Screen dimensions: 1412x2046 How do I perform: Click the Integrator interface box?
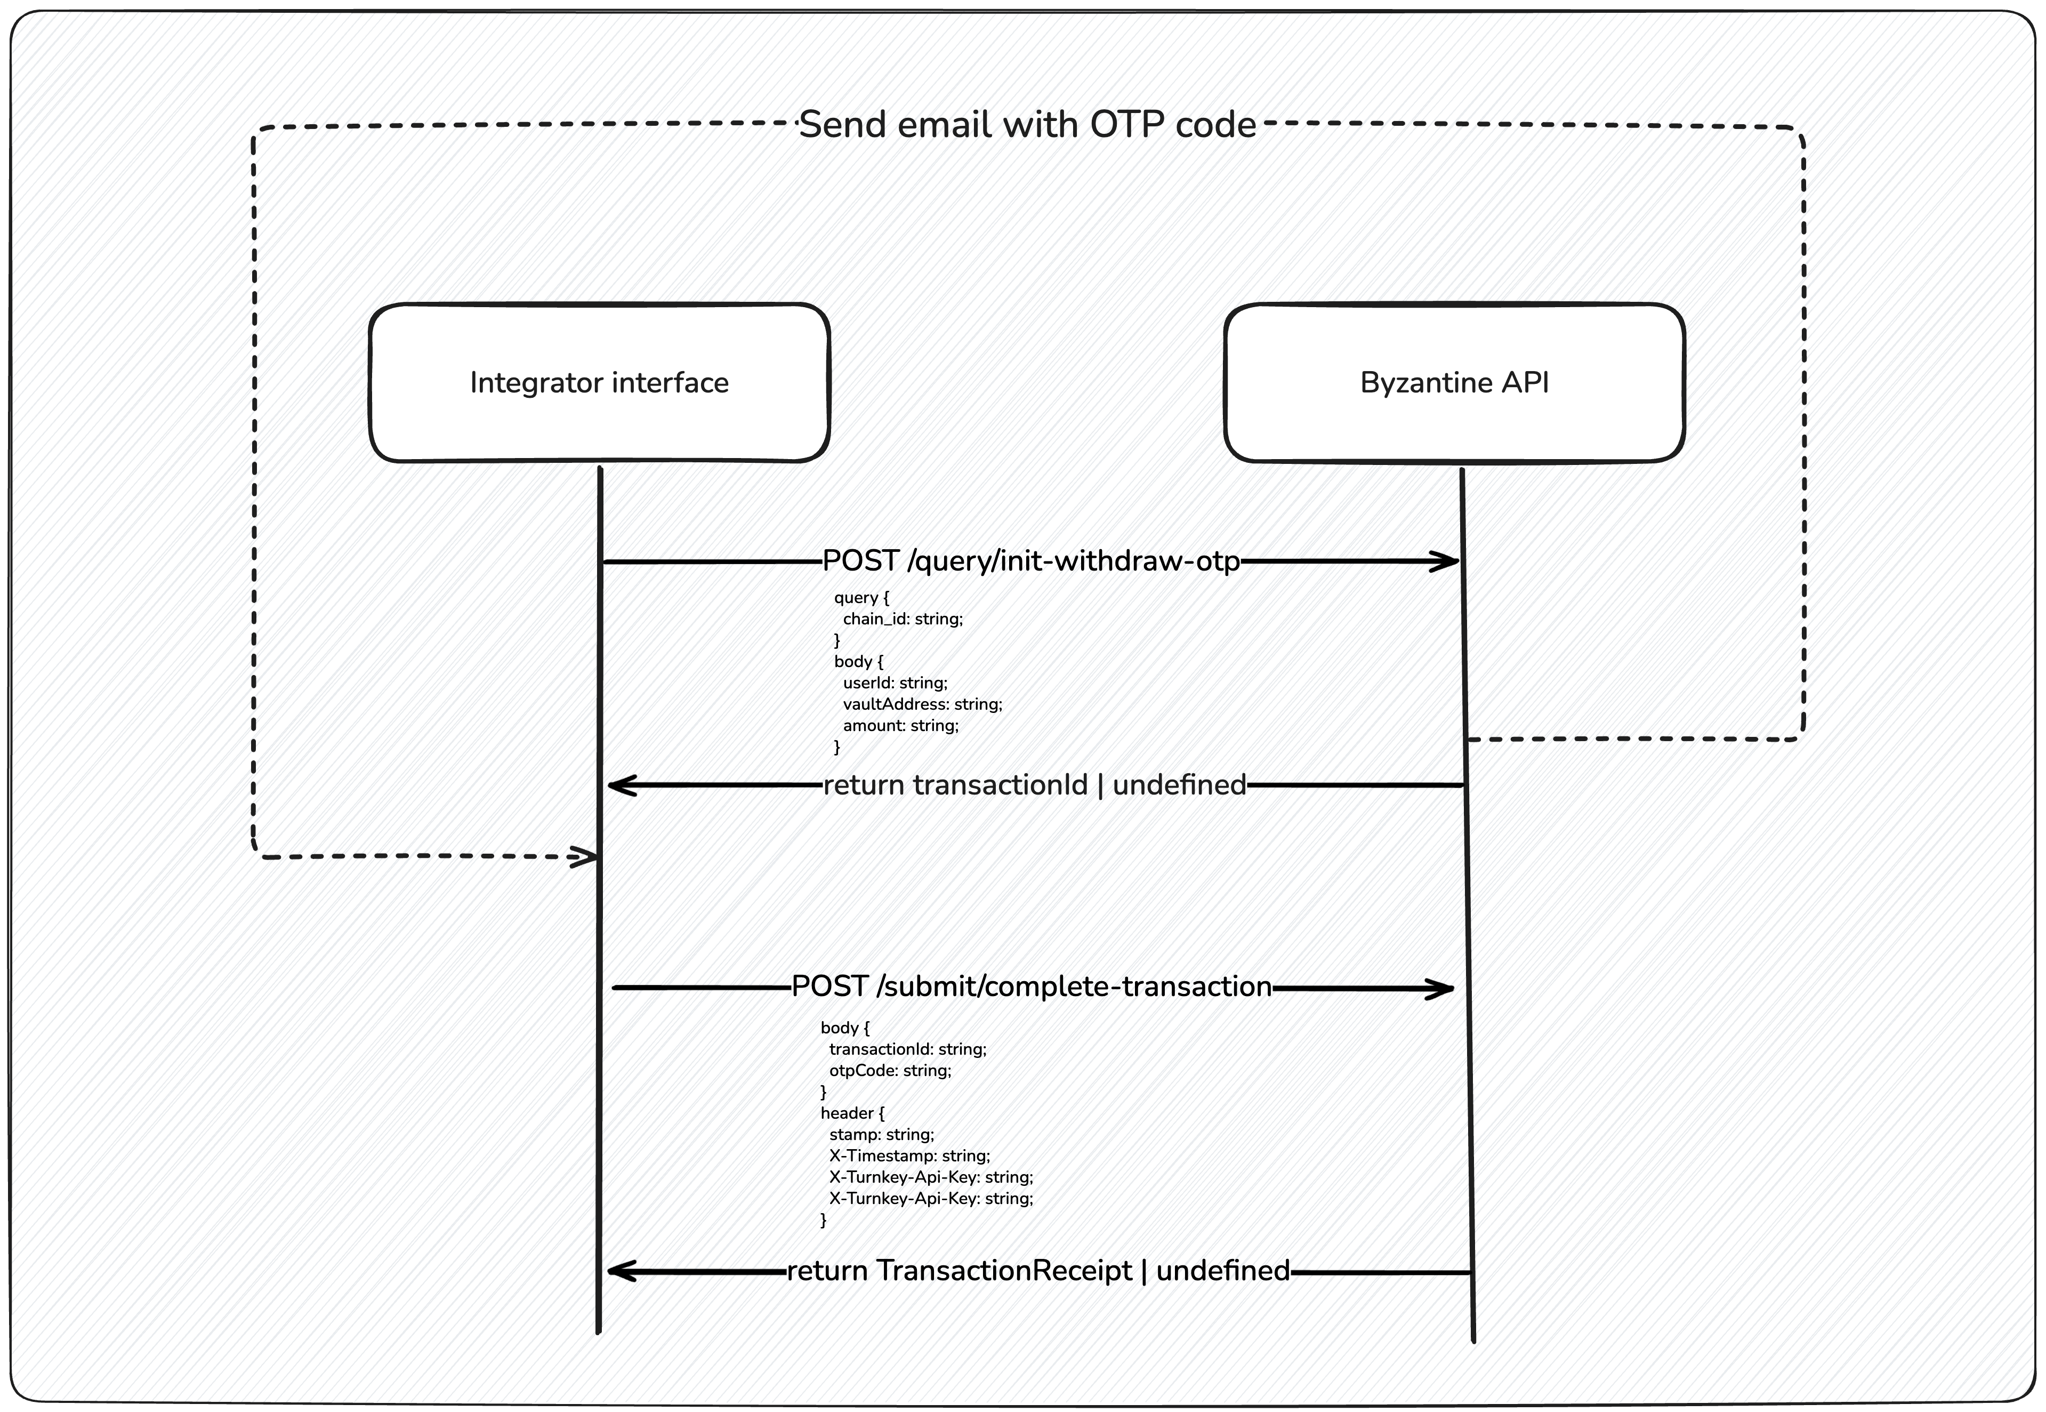(x=599, y=382)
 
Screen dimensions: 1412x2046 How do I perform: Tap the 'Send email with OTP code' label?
(x=1027, y=125)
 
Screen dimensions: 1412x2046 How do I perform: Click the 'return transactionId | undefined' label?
(x=1034, y=785)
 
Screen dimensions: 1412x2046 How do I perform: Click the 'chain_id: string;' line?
(x=903, y=619)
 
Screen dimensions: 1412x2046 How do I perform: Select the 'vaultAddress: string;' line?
(x=922, y=704)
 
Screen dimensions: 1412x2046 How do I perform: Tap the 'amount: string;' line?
(x=900, y=726)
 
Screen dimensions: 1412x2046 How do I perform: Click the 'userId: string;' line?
(x=895, y=683)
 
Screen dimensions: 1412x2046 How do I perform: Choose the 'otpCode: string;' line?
(x=890, y=1071)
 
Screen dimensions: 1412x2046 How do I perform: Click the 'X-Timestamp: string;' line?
(x=909, y=1156)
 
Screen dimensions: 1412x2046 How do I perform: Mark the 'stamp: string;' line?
(x=881, y=1134)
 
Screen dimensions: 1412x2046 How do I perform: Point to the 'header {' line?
(x=852, y=1113)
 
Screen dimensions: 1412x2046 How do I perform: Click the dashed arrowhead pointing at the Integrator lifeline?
(x=587, y=856)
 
